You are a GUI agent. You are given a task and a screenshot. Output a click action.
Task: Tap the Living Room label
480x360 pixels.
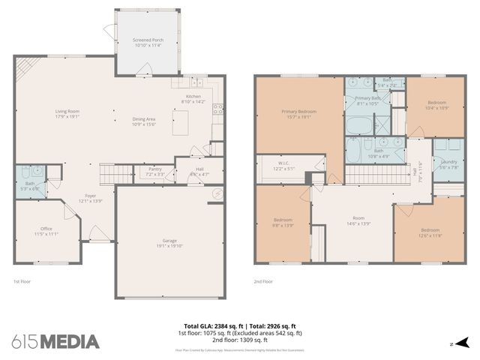click(67, 114)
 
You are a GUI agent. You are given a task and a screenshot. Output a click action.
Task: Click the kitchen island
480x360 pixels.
click(180, 123)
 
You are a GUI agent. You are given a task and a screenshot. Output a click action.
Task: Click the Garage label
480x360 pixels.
click(170, 241)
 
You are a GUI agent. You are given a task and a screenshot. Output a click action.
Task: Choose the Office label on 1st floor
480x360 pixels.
click(46, 230)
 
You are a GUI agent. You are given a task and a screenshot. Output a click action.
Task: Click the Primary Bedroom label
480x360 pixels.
click(298, 114)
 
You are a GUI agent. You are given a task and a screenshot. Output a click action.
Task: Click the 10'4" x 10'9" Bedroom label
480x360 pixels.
click(437, 105)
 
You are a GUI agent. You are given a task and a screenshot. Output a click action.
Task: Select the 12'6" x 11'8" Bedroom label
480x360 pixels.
click(430, 232)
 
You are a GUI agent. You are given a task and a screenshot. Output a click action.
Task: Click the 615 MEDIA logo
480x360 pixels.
click(55, 342)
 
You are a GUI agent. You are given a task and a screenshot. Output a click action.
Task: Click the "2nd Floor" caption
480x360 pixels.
click(262, 281)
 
